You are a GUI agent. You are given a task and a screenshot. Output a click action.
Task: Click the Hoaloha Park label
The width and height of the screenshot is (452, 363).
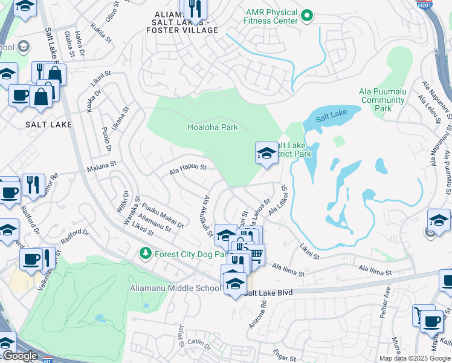click(x=212, y=128)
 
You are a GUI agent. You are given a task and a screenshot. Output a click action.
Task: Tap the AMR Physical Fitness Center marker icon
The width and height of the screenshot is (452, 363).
click(x=307, y=13)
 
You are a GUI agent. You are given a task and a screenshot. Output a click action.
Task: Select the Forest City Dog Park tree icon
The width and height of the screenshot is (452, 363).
click(x=145, y=253)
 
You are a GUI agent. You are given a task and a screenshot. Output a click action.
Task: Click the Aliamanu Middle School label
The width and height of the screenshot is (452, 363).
click(x=175, y=288)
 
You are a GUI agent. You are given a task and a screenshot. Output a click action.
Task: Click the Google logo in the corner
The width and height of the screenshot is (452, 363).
click(x=20, y=356)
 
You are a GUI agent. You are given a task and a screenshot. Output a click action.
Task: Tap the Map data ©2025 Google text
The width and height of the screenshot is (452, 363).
click(x=415, y=358)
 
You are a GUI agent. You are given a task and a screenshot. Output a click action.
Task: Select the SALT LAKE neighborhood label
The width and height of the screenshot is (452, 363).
click(x=48, y=125)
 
